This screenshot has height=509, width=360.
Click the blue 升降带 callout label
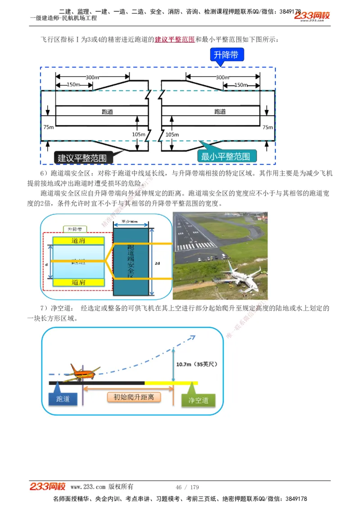[226, 55]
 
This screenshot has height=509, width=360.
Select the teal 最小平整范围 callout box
[225, 156]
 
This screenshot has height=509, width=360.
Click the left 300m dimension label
[93, 77]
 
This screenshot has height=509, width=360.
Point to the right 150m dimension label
[241, 85]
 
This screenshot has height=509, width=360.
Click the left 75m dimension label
[49, 127]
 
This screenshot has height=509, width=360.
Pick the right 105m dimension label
[172, 134]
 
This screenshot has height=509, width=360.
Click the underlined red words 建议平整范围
[175, 40]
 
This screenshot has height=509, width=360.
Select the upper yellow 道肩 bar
[78, 241]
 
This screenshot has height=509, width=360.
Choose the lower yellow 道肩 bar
[78, 282]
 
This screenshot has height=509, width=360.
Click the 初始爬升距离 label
[134, 397]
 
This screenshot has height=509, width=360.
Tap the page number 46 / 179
[187, 487]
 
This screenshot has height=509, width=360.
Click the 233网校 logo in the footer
[48, 487]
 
